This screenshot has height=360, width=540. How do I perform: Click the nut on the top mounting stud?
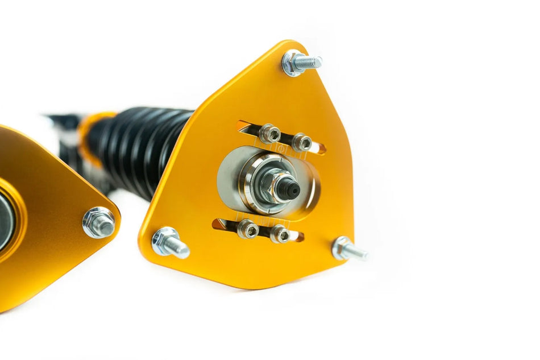pos(294,63)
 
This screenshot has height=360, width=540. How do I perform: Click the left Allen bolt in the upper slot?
pos(269,134)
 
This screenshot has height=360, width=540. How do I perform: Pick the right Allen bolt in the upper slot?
pos(301,142)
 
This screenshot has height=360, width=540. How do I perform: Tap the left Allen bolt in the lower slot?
pos(248,229)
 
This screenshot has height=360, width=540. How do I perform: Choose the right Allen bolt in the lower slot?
pos(280,234)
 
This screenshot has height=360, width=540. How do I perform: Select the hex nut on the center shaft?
pos(275,183)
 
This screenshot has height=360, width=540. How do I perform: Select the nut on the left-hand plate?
pos(99,222)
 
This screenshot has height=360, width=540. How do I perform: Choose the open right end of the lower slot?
pos(298,236)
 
